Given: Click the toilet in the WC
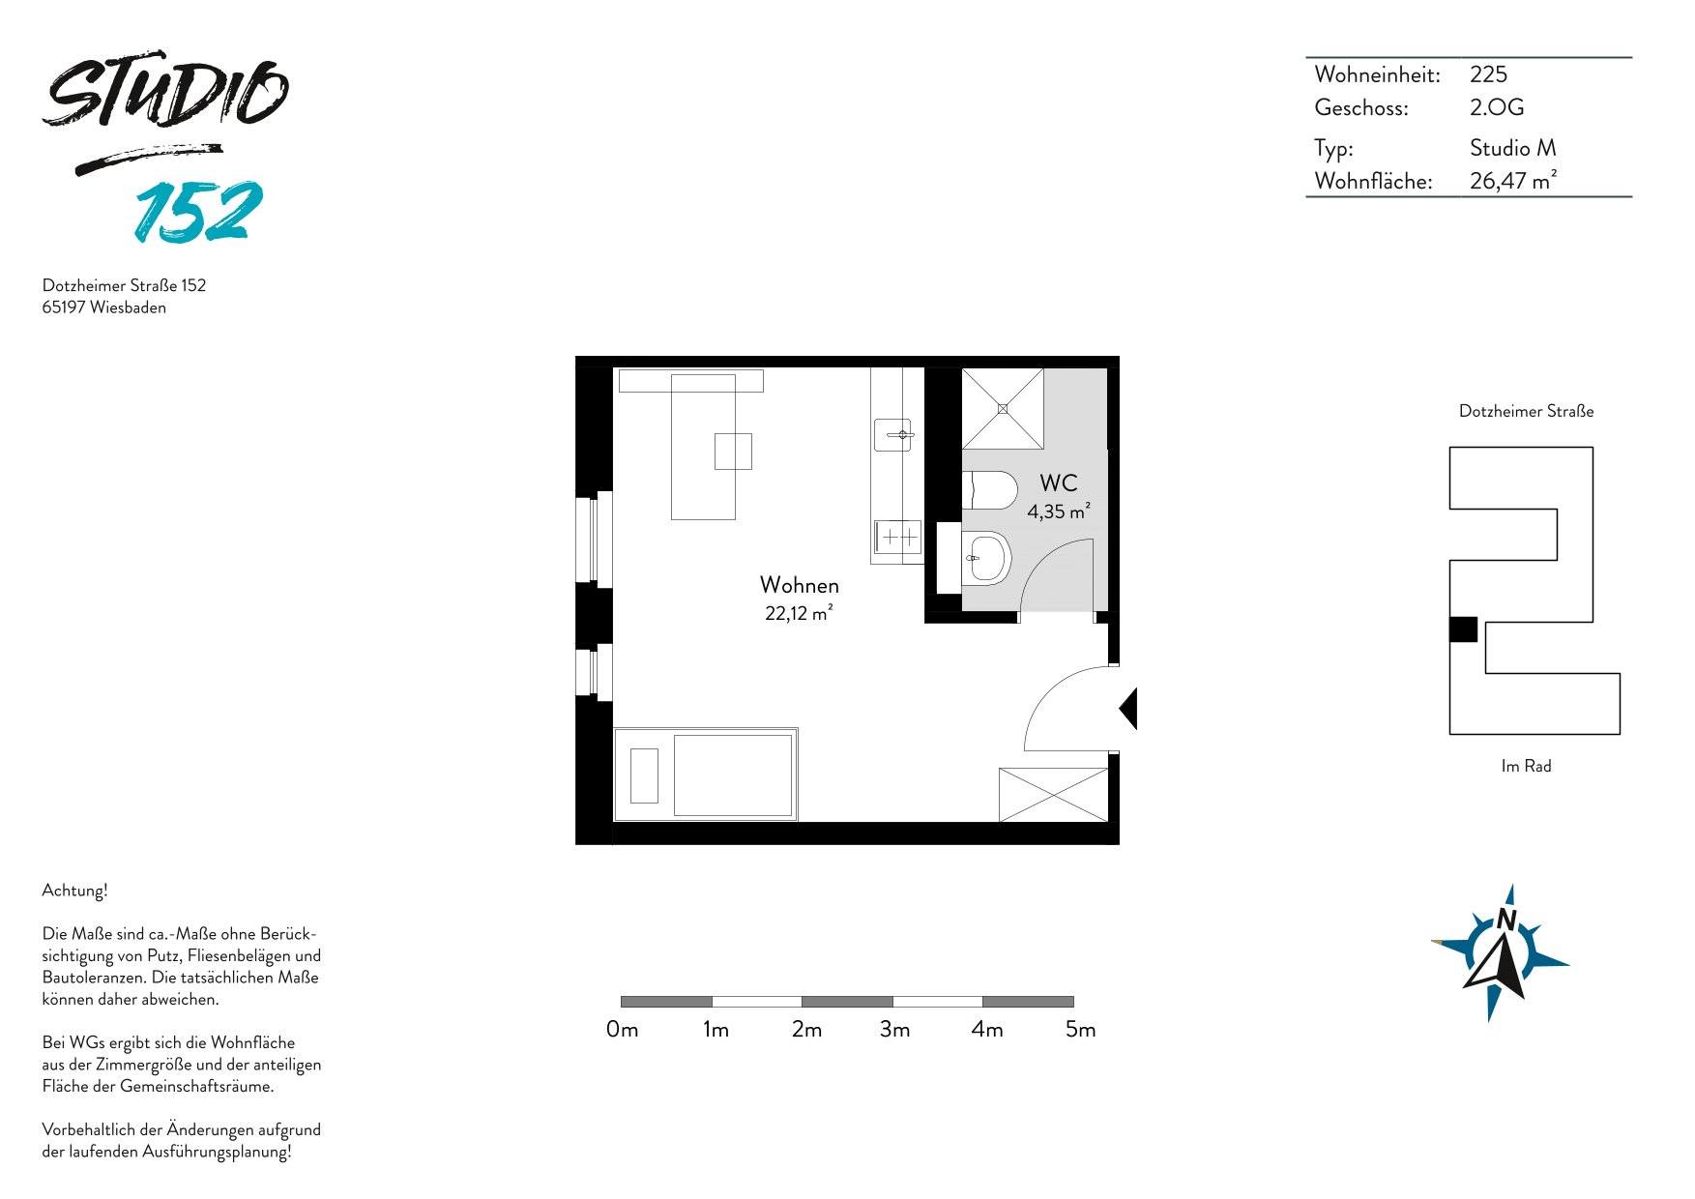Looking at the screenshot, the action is [x=989, y=490].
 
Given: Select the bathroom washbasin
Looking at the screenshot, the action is [x=986, y=558].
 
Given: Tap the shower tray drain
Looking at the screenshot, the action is [x=1003, y=409].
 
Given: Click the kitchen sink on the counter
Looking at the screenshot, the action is [x=893, y=435].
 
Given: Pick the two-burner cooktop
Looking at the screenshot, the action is [x=897, y=537].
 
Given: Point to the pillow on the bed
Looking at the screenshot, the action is [x=644, y=775].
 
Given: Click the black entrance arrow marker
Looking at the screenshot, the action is [x=1128, y=709].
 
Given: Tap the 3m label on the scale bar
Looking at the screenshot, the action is [x=894, y=1030].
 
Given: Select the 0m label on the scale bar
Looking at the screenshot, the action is [x=622, y=1030].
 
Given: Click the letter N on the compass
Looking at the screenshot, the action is [x=1506, y=920].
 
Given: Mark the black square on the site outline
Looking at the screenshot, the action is [x=1463, y=629].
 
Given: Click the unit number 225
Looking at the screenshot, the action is [x=1488, y=74].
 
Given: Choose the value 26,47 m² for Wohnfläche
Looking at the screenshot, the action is [x=1513, y=180].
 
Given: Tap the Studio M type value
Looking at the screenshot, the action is [x=1513, y=148].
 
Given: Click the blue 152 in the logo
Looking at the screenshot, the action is [x=199, y=211].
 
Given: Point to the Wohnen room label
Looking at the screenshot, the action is [x=800, y=585].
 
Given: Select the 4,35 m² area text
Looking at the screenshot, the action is [x=1059, y=511].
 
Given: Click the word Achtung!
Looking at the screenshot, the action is [x=74, y=891].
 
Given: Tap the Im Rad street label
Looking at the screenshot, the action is [x=1526, y=766].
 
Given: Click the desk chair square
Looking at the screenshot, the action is [x=733, y=452].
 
